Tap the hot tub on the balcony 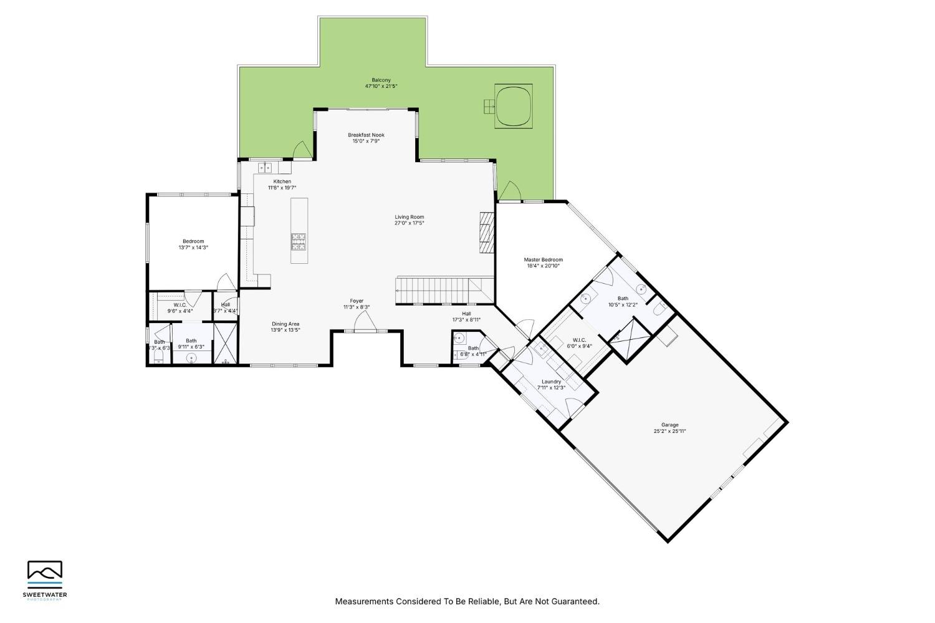[x=514, y=106]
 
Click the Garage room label [x=669, y=425]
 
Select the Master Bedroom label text [x=543, y=259]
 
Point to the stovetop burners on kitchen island [x=299, y=241]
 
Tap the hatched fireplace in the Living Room [x=486, y=231]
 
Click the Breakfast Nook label [x=366, y=135]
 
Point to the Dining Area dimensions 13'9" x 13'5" [x=285, y=330]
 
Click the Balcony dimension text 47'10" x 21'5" [x=381, y=86]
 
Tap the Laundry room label [x=551, y=382]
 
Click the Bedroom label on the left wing [x=193, y=241]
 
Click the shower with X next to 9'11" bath [x=225, y=343]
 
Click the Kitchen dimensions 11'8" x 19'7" [x=282, y=188]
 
